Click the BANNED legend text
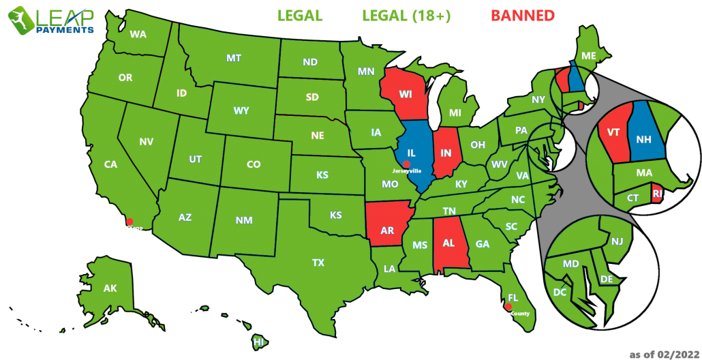[x=522, y=16]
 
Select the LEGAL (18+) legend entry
[x=406, y=16]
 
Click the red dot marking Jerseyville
[x=406, y=164]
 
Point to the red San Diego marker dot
[x=129, y=222]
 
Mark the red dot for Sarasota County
[x=508, y=307]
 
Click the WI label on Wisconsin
[x=406, y=93]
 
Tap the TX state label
[x=318, y=262]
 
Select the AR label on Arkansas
[x=387, y=230]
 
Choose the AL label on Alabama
[x=448, y=243]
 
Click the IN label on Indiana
[x=446, y=153]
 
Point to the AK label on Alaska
[x=110, y=288]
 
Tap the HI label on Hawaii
[x=258, y=342]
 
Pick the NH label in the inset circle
[x=645, y=139]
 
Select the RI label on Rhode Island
[x=657, y=194]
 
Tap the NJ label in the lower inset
[x=617, y=241]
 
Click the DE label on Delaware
[x=606, y=279]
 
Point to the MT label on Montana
[x=234, y=59]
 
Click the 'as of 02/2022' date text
[x=664, y=354]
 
